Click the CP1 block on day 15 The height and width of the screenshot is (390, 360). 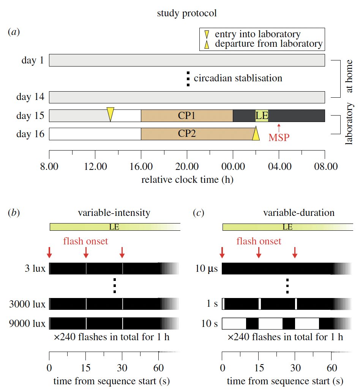pyautogui.click(x=186, y=116)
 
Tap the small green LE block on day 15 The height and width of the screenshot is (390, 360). pyautogui.click(x=262, y=116)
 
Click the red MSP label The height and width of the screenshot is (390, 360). pyautogui.click(x=279, y=137)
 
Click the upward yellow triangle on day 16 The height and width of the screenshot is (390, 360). pyautogui.click(x=256, y=133)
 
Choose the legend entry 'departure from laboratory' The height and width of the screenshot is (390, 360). pyautogui.click(x=268, y=44)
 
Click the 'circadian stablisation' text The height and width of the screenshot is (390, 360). pyautogui.click(x=238, y=79)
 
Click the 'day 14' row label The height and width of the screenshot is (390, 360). pyautogui.click(x=30, y=97)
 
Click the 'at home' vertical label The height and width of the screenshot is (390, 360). pyautogui.click(x=350, y=78)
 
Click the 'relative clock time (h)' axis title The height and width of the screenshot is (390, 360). pyautogui.click(x=187, y=180)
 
